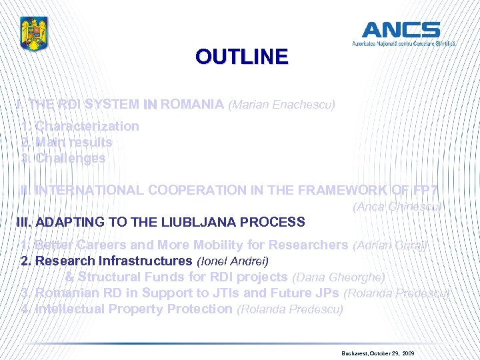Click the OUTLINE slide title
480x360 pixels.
(x=241, y=57)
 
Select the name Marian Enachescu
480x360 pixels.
(x=281, y=105)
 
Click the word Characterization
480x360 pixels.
(x=87, y=126)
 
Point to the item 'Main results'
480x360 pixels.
(x=73, y=142)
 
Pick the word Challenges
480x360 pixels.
(x=70, y=158)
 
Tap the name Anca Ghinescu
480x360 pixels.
(x=397, y=207)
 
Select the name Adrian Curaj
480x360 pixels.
(x=390, y=245)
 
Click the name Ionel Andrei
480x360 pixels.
(x=233, y=261)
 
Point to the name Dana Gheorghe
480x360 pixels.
(x=339, y=277)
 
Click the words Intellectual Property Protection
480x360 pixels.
(x=134, y=309)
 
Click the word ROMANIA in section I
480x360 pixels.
(x=192, y=104)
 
